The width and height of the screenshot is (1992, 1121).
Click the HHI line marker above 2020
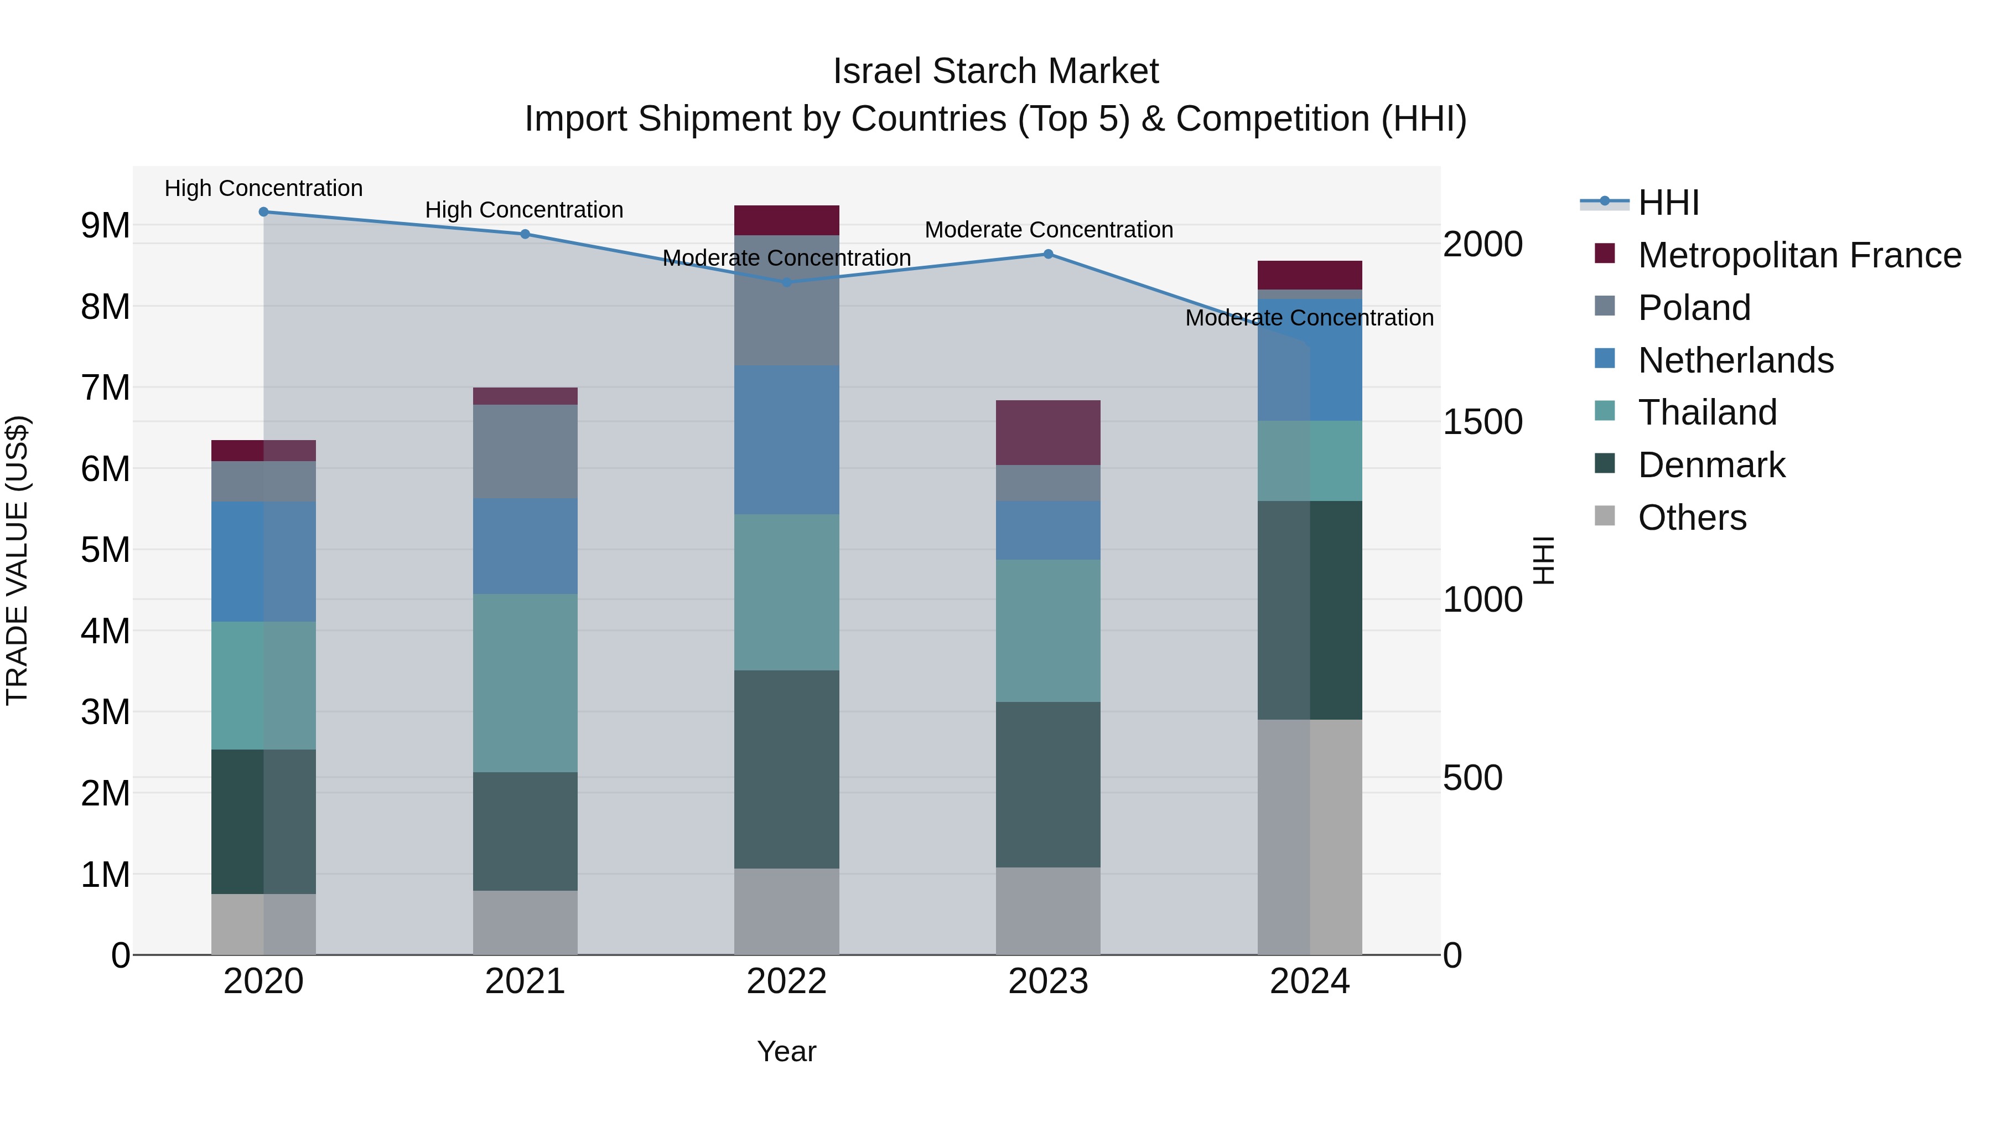(x=264, y=211)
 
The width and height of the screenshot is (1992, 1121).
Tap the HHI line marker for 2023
(x=1048, y=254)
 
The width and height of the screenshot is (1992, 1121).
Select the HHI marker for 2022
(x=786, y=282)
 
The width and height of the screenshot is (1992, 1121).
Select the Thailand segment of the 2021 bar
(x=525, y=683)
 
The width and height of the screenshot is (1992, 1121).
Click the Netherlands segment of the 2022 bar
(x=786, y=440)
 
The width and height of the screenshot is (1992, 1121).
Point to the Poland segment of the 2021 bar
(x=525, y=451)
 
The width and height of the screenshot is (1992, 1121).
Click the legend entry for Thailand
(x=1706, y=412)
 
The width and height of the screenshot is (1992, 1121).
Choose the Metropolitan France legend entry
(x=1799, y=255)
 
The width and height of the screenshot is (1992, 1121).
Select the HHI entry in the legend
(x=1668, y=203)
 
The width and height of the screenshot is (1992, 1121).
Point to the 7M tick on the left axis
(x=105, y=388)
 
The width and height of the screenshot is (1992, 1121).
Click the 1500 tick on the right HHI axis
(x=1482, y=422)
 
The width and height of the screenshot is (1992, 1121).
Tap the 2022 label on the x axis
(x=786, y=981)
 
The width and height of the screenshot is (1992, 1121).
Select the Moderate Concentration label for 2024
(x=1309, y=318)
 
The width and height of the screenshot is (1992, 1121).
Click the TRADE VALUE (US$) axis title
(x=17, y=560)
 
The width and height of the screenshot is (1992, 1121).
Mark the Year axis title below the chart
(x=786, y=1051)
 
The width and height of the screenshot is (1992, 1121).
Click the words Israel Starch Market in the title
(x=995, y=71)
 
